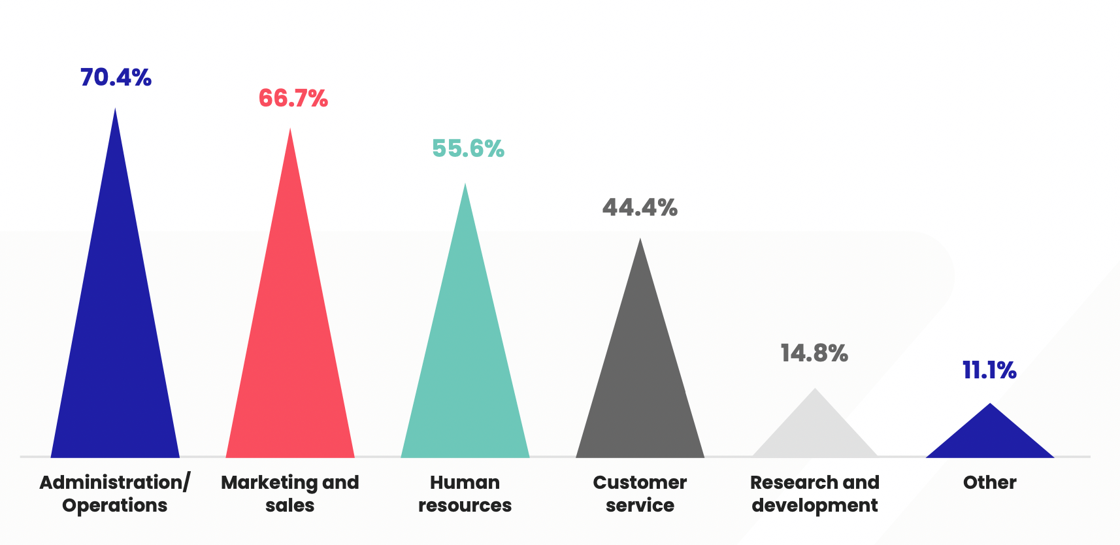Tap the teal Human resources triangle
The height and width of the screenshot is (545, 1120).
[465, 366]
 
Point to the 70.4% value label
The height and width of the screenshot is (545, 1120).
[116, 77]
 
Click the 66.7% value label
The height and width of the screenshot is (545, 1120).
[293, 98]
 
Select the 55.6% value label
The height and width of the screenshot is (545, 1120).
[468, 148]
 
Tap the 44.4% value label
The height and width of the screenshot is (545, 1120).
[640, 207]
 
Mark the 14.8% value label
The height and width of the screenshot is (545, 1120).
[814, 353]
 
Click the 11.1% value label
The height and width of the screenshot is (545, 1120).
[989, 370]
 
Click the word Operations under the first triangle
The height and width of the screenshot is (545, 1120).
[115, 505]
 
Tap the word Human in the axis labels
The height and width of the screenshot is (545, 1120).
[465, 482]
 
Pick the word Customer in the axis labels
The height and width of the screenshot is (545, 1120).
[640, 482]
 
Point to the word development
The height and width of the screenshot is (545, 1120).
[815, 505]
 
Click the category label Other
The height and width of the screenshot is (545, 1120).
[989, 482]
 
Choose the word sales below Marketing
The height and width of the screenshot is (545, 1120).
[290, 505]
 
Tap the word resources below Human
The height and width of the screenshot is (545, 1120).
[465, 505]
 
